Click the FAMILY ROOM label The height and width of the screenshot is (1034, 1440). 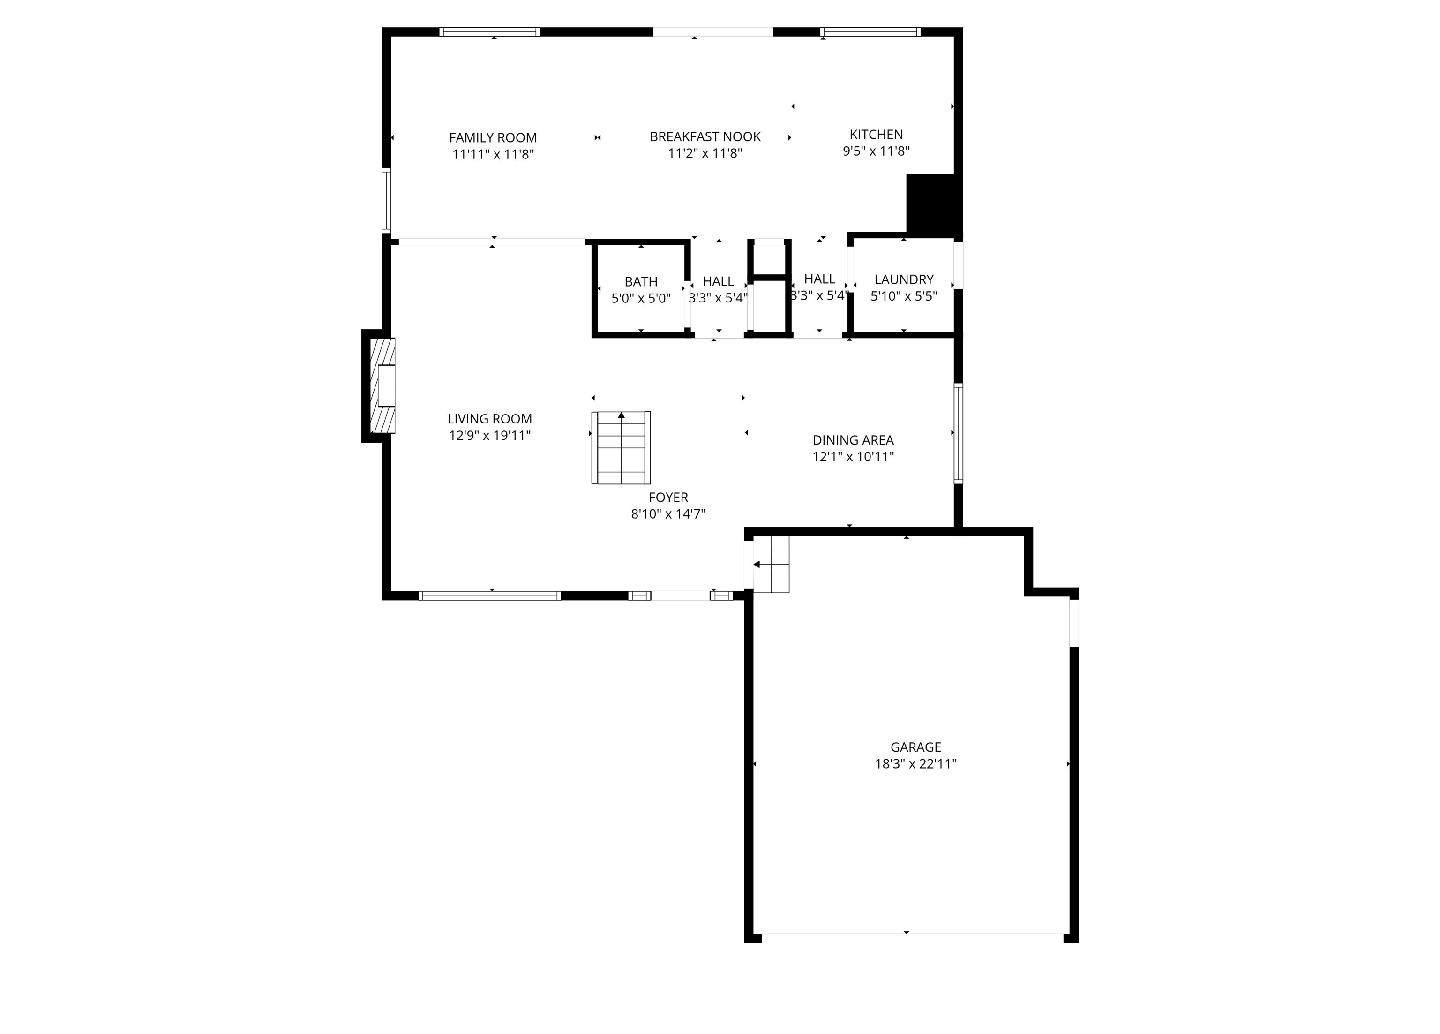coord(493,138)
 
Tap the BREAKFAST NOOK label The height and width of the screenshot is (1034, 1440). coord(705,136)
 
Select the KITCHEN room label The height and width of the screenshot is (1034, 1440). coord(876,135)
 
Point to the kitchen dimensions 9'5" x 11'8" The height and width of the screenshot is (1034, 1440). coord(876,151)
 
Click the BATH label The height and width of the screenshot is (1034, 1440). coord(641,281)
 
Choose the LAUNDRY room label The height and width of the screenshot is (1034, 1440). coord(903,279)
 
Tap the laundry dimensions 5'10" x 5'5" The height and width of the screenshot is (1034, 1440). coord(903,296)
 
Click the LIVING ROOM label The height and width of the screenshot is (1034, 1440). coord(489,419)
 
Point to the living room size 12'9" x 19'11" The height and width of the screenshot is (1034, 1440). coord(489,436)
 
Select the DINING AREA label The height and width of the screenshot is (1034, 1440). coord(853,440)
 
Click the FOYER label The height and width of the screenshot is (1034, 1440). coord(668,498)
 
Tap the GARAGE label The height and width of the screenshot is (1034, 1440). coord(915,747)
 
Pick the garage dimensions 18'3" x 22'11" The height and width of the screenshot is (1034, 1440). coord(915,764)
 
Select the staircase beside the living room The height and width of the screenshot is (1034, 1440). coord(621,448)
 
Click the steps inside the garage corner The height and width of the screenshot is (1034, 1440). coord(771,565)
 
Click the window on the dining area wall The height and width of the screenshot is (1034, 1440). coord(958,433)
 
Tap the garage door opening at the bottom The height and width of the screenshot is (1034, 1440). coord(912,938)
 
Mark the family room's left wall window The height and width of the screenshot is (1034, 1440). coord(386,200)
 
